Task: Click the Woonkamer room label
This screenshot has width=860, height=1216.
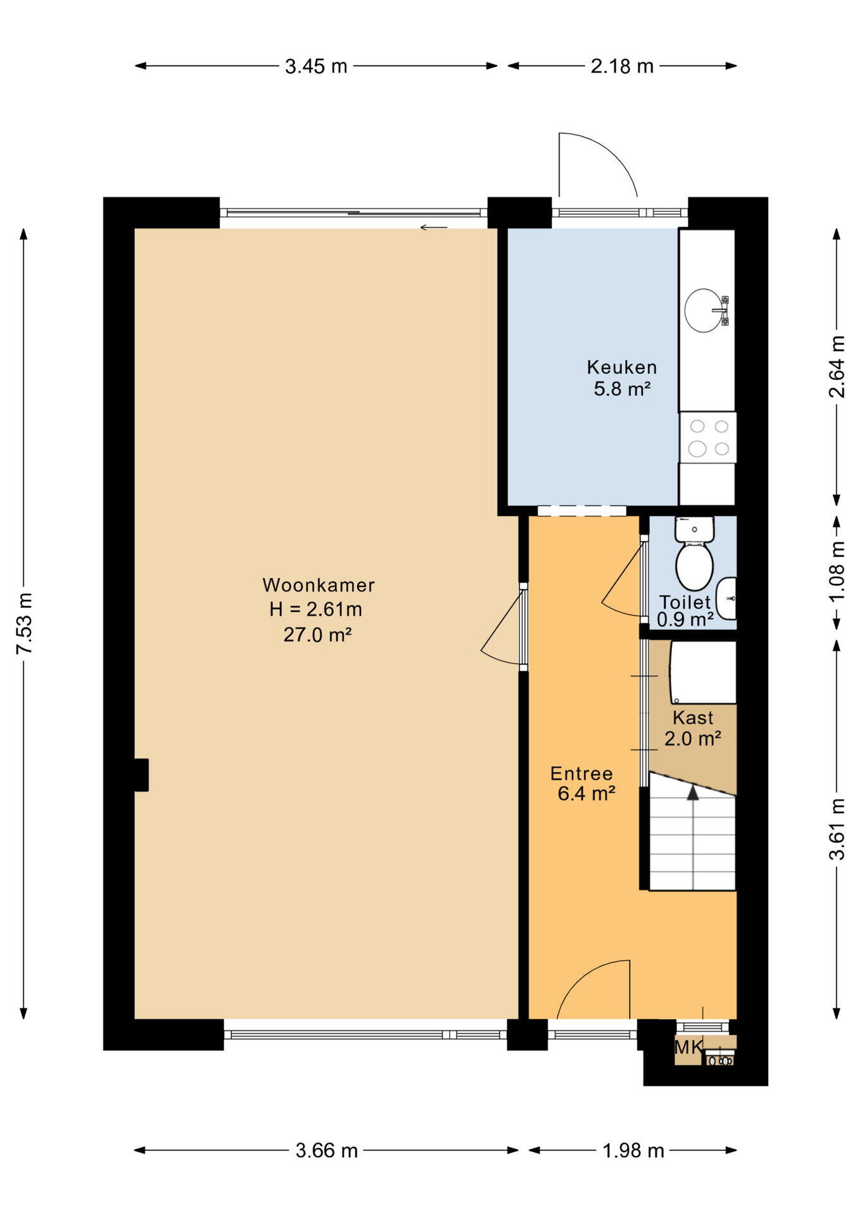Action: click(x=319, y=585)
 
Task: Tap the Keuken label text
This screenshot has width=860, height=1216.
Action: click(x=622, y=367)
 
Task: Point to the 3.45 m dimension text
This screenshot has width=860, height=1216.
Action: click(x=316, y=66)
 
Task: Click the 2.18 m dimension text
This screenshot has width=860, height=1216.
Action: click(x=622, y=66)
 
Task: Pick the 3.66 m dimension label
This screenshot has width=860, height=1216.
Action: click(x=327, y=1150)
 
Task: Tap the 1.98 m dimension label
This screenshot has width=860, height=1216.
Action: click(x=633, y=1150)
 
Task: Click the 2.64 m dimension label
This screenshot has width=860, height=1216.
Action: click(x=837, y=367)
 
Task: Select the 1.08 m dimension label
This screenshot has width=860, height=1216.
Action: click(x=837, y=573)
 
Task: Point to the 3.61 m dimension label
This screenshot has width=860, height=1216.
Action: click(x=837, y=829)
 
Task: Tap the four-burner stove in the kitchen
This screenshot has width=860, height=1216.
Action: click(x=708, y=438)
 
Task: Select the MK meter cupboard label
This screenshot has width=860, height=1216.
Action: click(x=688, y=1047)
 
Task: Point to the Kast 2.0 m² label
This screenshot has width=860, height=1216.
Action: click(x=693, y=728)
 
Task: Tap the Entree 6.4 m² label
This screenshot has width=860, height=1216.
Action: click(x=583, y=783)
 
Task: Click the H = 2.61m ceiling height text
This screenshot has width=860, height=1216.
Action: click(x=315, y=609)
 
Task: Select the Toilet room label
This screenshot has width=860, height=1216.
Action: click(x=685, y=602)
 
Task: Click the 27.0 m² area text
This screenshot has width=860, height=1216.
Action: click(x=317, y=634)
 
